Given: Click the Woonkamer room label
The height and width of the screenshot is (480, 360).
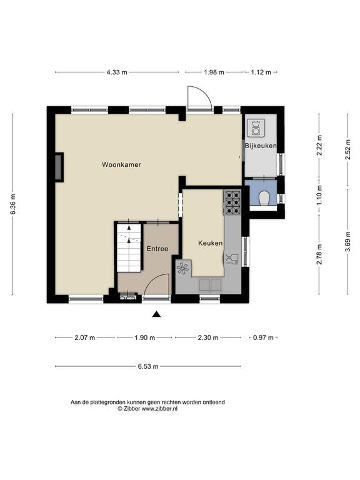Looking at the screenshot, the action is [121, 165].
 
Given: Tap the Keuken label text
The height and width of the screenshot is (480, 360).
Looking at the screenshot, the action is [210, 243].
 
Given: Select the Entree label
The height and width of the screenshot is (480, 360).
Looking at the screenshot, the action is [157, 249].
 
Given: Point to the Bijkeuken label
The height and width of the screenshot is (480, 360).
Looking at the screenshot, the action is [261, 146].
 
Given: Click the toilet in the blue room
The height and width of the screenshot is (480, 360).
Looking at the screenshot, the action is [264, 198].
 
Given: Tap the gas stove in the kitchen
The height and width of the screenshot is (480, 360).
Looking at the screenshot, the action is [233, 202].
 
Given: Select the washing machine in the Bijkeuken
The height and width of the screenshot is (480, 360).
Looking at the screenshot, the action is [256, 127].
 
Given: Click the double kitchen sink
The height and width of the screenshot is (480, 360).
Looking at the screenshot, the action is [210, 285].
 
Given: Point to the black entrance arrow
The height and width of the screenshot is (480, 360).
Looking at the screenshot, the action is [156, 314].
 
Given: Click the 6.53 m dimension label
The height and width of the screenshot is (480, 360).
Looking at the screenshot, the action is [148, 366].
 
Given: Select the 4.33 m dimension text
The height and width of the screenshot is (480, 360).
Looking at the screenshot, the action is [117, 72].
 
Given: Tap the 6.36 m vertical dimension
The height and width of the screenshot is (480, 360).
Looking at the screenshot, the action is [13, 204].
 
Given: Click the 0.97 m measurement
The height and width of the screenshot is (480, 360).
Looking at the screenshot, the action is [263, 338].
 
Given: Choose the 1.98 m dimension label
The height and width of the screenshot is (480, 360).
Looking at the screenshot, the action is [214, 72].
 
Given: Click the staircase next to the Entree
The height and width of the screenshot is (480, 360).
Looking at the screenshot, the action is [129, 247].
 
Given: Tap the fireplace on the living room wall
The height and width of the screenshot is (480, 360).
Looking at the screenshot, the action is [59, 167].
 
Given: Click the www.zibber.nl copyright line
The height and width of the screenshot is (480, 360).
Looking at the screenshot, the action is [147, 409].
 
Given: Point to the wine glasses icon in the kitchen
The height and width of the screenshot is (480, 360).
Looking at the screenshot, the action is [232, 259].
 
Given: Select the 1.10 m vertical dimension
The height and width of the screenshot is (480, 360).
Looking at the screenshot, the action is [319, 195].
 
